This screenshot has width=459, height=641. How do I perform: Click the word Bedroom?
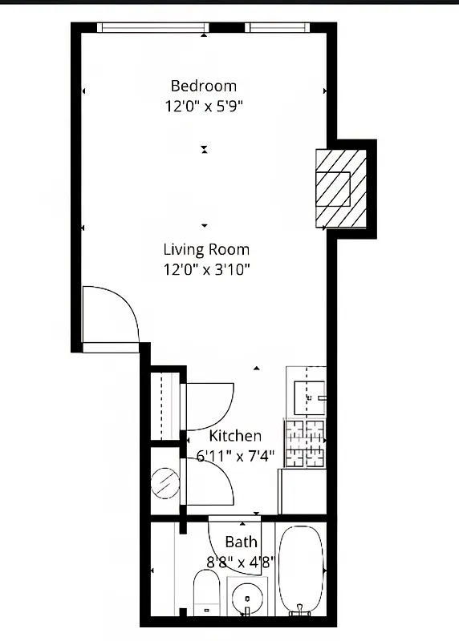pos(204,86)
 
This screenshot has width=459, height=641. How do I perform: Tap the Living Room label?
pos(206,249)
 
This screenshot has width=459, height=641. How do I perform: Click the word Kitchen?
pos(235,436)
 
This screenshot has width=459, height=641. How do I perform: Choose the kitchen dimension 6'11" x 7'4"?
pos(236,456)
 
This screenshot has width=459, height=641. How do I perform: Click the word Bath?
pos(241,542)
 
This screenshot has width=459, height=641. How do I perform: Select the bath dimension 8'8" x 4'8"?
pos(241,561)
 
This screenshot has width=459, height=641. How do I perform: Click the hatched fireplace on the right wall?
pos(340,188)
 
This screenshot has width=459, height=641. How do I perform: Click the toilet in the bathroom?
pos(207,593)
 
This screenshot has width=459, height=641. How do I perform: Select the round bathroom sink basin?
pos(247,598)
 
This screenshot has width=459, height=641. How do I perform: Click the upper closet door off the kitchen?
pos(209,405)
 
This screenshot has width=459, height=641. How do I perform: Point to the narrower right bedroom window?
pos(278,27)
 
